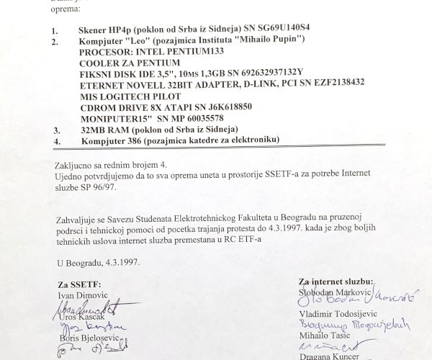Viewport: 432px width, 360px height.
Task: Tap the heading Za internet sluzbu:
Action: pyautogui.click(x=336, y=280)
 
